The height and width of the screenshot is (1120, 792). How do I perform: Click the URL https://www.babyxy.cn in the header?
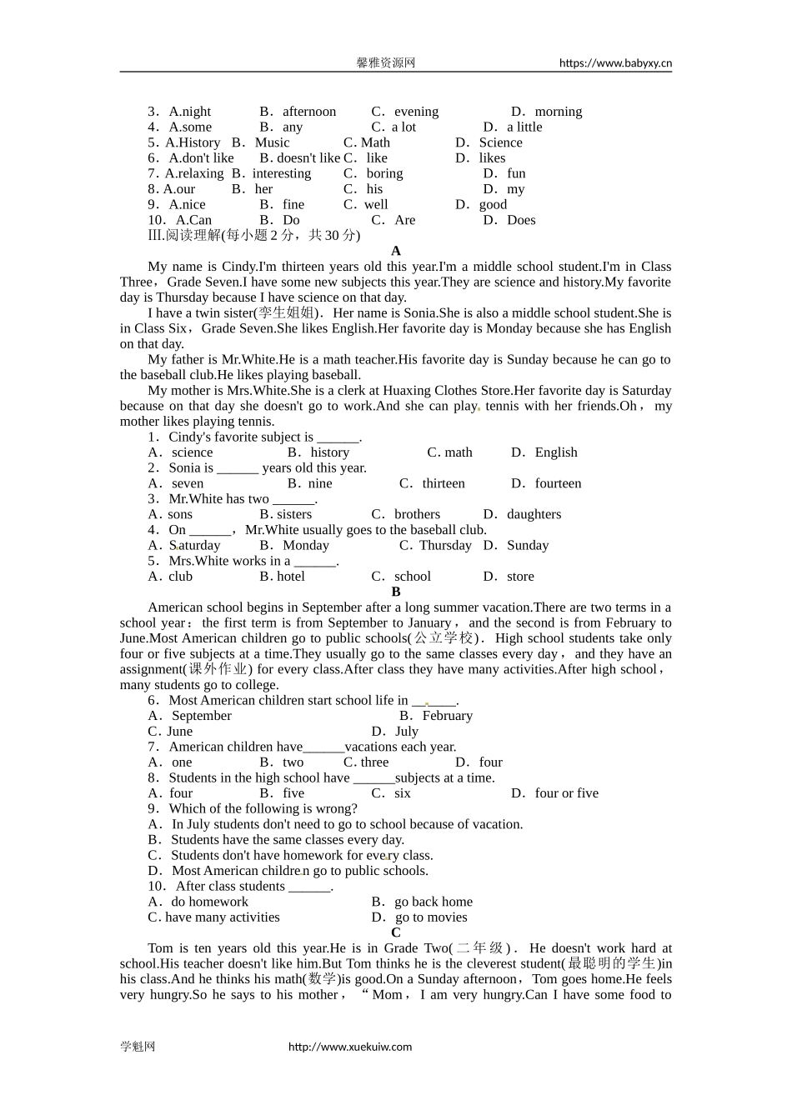coord(615,62)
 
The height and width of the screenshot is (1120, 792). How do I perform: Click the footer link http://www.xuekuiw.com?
coord(350,1047)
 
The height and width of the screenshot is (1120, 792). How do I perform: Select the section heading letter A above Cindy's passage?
coord(396,251)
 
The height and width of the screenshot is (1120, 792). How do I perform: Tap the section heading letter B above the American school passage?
coord(396,592)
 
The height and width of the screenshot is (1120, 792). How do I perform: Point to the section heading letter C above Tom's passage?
coord(396,932)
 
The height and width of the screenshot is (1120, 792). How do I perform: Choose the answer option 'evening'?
coord(416,112)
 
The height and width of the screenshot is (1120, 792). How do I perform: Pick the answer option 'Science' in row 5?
coord(500,142)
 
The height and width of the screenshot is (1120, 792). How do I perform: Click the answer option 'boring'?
coord(384,173)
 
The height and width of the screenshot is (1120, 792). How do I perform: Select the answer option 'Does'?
coord(521,220)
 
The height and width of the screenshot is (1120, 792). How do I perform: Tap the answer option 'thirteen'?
coord(444,483)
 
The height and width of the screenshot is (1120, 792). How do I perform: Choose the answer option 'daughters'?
coord(534,514)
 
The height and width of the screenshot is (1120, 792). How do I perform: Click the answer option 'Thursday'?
coord(445,545)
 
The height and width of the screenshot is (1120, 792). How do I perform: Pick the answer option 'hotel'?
coord(291,577)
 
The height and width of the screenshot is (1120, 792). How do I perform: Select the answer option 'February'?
coord(447,716)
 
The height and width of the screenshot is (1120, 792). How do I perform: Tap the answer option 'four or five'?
coord(566,793)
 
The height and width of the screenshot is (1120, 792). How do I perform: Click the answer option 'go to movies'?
coord(431,917)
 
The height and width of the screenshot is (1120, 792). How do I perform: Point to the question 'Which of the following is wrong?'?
coord(263,808)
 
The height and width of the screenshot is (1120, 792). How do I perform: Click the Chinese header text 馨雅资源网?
coord(386,62)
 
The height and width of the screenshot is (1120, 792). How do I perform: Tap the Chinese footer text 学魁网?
coord(138,1047)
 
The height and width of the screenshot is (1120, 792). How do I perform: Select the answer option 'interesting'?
coord(282,173)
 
